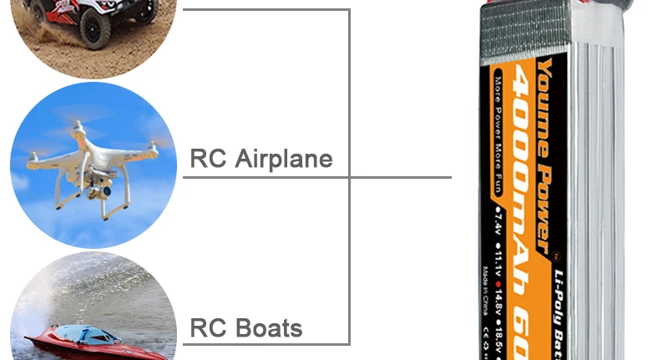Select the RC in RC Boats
coord(208,328)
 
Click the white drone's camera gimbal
coord(97,185)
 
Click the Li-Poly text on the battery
coord(557,288)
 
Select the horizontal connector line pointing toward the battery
coord(401,177)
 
